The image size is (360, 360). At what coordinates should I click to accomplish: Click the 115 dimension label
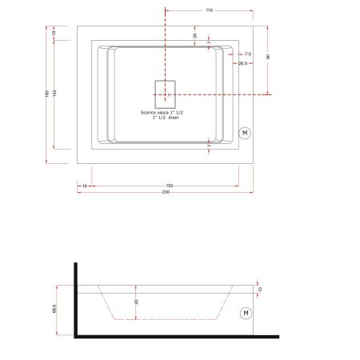tap(208, 11)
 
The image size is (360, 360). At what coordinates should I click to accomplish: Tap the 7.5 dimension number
tap(247, 54)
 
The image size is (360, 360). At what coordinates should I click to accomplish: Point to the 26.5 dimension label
tap(241, 63)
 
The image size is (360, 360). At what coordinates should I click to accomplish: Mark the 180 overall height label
tap(46, 93)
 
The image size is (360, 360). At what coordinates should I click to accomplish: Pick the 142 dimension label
tap(54, 93)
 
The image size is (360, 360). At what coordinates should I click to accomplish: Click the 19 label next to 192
tap(84, 185)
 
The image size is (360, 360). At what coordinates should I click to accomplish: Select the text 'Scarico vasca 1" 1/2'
tap(166, 114)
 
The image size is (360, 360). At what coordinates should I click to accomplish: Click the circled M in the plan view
tap(245, 130)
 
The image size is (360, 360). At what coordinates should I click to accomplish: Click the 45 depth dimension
tap(137, 302)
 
